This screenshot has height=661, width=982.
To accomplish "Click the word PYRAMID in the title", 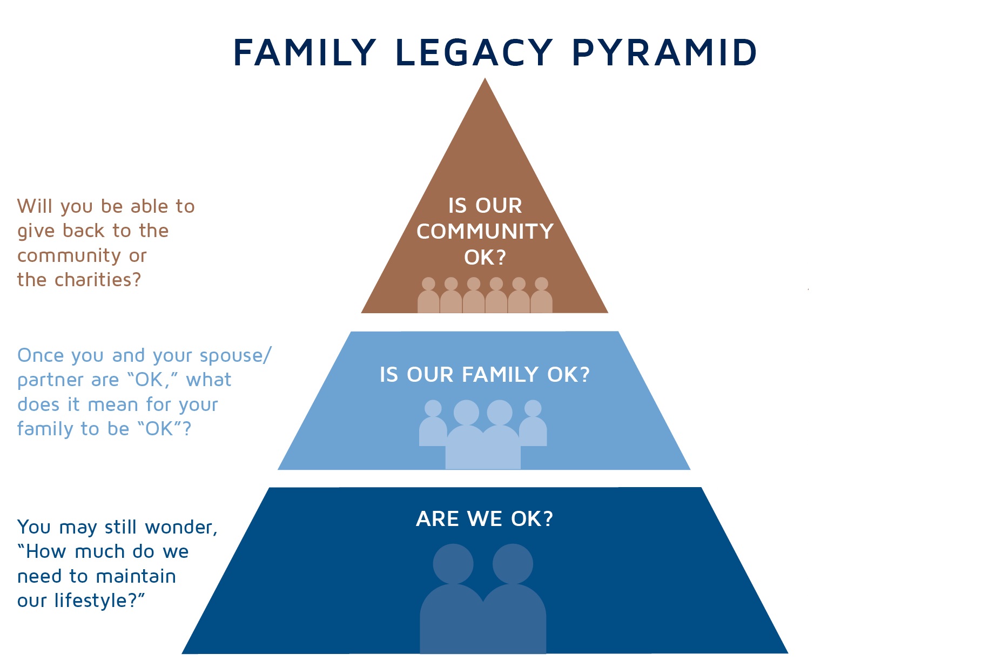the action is click(x=664, y=53).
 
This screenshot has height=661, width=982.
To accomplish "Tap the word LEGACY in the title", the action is click(x=474, y=53).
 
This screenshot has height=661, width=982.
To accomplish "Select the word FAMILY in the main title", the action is click(x=305, y=53).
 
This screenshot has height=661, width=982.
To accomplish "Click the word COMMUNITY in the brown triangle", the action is click(x=485, y=232).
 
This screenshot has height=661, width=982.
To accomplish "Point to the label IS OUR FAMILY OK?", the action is click(x=485, y=374).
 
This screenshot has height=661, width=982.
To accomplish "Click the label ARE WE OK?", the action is click(x=485, y=518).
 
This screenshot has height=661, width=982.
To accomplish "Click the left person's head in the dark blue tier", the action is click(x=453, y=563).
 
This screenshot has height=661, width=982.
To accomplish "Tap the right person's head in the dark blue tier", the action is click(x=513, y=563).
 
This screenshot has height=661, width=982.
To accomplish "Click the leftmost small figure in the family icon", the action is click(x=433, y=423).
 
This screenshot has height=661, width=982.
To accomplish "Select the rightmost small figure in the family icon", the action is click(x=533, y=423).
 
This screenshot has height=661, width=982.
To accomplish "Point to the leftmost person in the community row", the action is click(x=428, y=296).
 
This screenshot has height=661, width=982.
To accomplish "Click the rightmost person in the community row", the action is click(x=541, y=296).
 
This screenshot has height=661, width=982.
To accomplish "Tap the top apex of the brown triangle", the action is click(x=485, y=78).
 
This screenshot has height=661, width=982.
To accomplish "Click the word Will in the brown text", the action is click(x=35, y=206).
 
